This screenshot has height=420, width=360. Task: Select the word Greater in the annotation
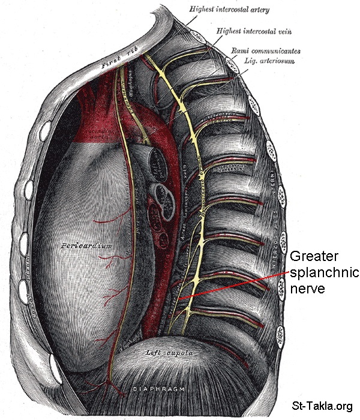point(311,257)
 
